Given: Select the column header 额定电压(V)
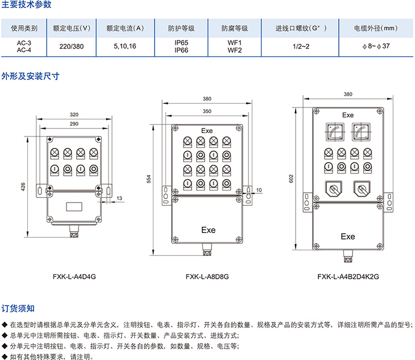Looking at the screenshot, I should [x=72, y=28].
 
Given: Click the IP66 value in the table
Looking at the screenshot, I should [x=181, y=50].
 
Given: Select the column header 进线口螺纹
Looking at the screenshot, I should [x=300, y=28].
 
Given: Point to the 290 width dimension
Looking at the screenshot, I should [x=74, y=123].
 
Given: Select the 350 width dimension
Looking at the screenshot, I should [x=207, y=111].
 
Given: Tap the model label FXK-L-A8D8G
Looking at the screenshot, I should [x=207, y=277].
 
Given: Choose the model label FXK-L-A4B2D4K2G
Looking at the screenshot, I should [x=348, y=277].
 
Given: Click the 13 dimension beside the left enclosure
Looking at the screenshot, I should [x=119, y=198].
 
